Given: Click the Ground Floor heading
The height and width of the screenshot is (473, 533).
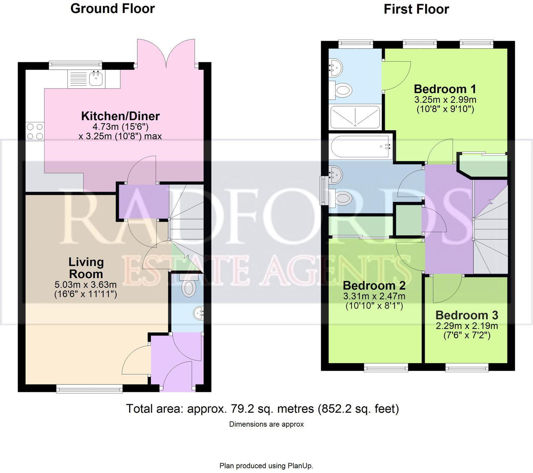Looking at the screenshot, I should pos(112,9).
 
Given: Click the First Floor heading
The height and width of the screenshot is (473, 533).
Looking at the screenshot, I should pos(416,9).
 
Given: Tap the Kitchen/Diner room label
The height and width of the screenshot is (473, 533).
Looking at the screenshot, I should pos(120,116).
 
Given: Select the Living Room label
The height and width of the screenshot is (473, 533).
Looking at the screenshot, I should pos(86,268).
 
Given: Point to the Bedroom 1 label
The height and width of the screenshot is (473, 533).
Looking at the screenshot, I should pos(445,89).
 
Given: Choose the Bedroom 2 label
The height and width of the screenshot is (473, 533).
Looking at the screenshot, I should pos(374,286).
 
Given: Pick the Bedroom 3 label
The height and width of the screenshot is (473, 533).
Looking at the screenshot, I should pos(466,315).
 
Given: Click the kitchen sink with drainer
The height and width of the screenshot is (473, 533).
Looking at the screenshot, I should pos(87,79).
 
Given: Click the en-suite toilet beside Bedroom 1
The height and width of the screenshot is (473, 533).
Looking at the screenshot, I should pos(341,90).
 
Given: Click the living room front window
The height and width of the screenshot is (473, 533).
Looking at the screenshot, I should pos(90,389).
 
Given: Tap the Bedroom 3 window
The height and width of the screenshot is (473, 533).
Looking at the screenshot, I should pos(466,367).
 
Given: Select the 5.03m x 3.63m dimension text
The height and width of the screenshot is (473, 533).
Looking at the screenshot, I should pos(85,285).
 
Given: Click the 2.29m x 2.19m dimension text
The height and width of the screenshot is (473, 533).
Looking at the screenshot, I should pos(466,326).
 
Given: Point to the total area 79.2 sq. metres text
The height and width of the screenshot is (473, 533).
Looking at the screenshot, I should pos(262,409).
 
